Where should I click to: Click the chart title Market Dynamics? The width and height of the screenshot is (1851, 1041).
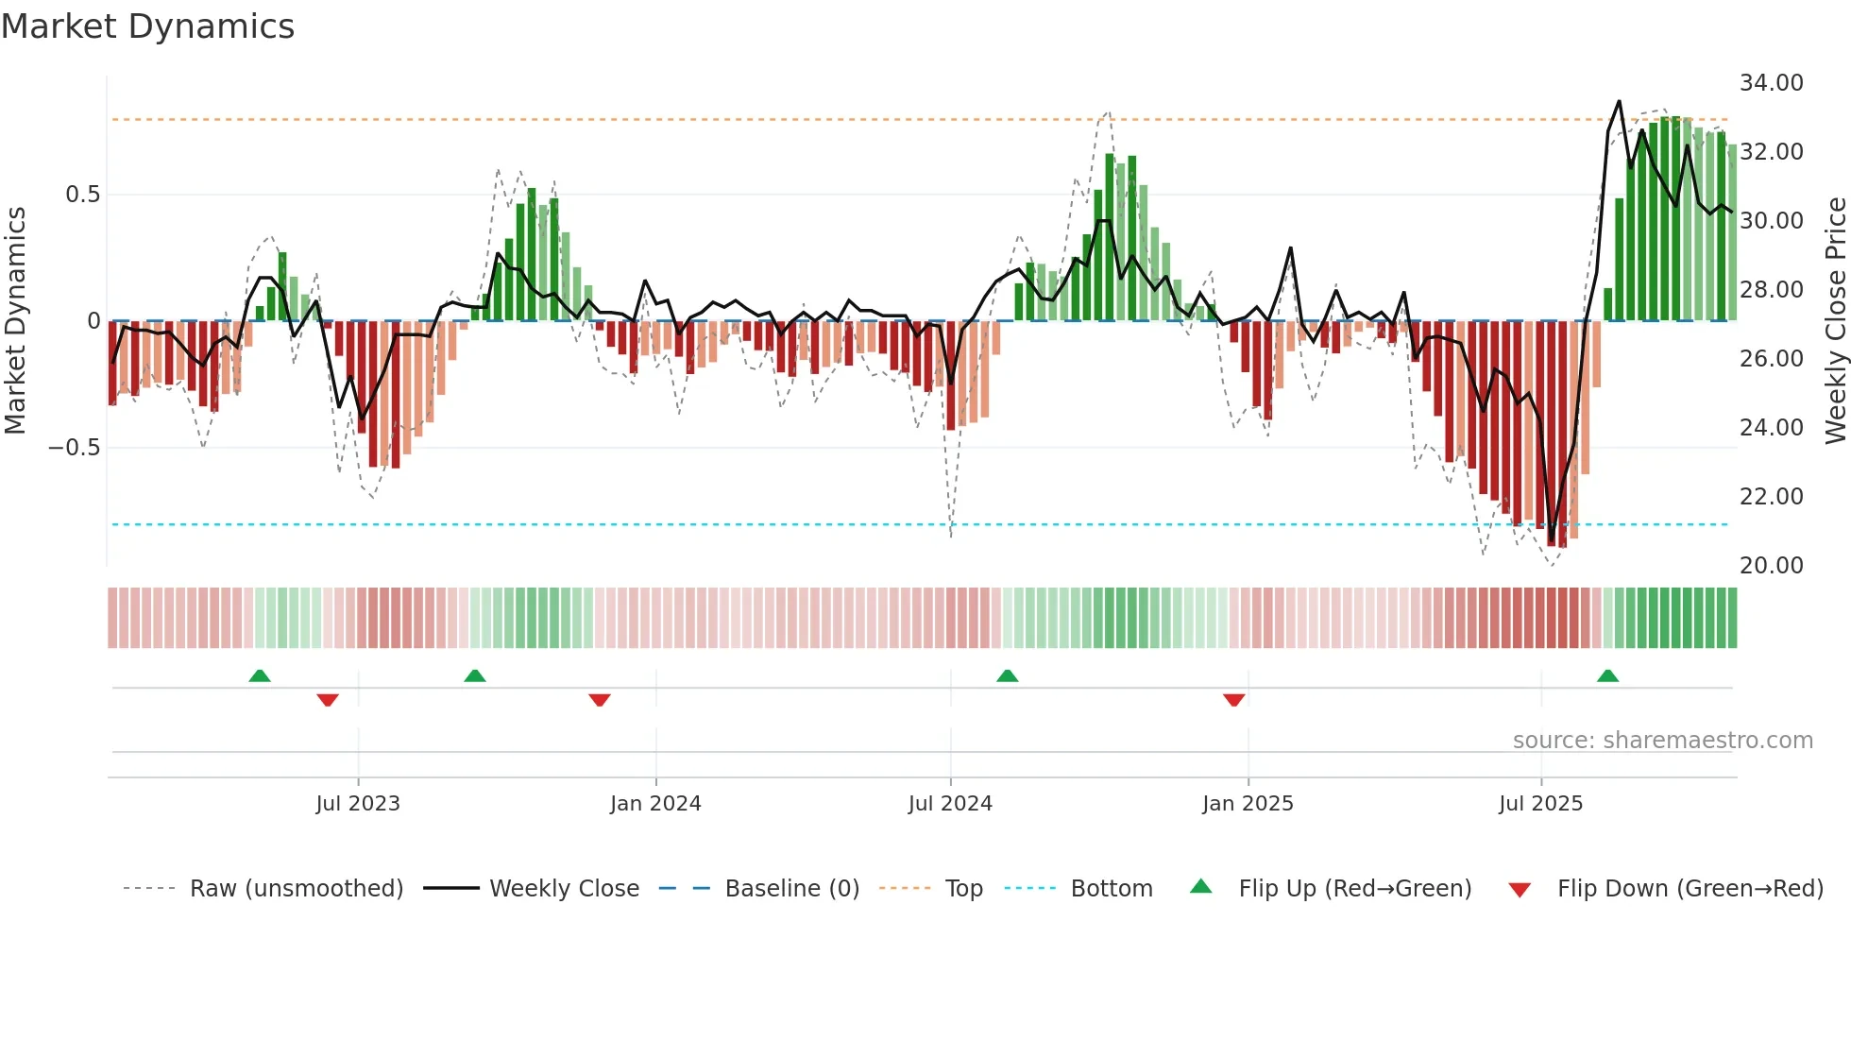(147, 26)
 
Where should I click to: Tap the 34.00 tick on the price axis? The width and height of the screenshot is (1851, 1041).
(1771, 83)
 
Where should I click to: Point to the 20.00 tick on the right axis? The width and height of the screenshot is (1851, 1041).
(1771, 566)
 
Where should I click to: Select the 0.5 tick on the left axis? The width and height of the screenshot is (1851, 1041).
(82, 195)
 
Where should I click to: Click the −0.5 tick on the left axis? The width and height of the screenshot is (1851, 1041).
(74, 448)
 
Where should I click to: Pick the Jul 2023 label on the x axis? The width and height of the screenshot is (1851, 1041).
(358, 804)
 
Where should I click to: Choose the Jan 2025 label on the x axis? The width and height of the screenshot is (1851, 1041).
(1248, 804)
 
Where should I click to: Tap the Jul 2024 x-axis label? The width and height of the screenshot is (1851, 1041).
(950, 804)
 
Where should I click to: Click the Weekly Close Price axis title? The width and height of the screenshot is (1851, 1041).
(1835, 321)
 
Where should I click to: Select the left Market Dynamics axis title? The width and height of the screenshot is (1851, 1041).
(15, 321)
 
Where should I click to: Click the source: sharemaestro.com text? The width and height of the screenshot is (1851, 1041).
(1662, 741)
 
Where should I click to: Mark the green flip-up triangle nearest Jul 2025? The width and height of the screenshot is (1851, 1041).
(1607, 675)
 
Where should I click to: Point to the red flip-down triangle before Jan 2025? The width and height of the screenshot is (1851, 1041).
(1233, 700)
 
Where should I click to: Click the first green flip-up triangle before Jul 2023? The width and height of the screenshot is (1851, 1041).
(260, 675)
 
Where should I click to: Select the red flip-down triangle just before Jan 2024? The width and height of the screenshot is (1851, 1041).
(600, 700)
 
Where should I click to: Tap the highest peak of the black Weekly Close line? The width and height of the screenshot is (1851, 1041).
(1619, 101)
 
